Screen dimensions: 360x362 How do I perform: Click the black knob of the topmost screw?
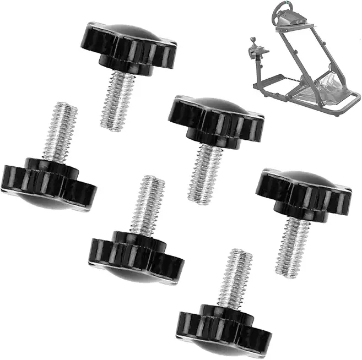(x=131, y=43)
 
